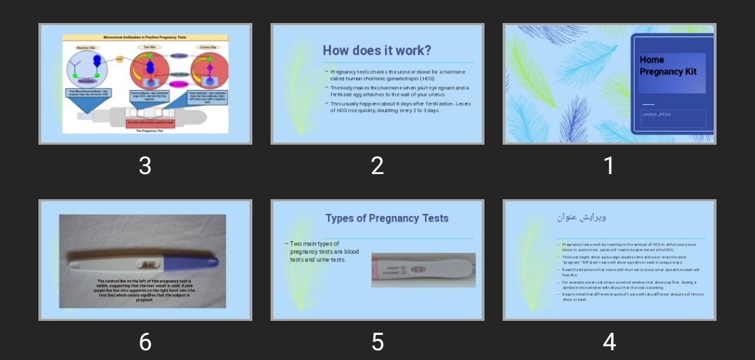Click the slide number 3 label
(145, 166)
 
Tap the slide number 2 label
(377, 166)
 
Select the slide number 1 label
(609, 166)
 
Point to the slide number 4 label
(609, 342)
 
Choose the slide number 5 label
(377, 342)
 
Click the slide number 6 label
(145, 342)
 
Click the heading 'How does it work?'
(377, 50)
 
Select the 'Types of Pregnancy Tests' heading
(387, 218)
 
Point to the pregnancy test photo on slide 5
(423, 270)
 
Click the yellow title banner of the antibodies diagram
(145, 37)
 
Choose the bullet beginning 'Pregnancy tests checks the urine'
(396, 75)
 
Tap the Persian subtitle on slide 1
(656, 113)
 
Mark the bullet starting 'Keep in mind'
(629, 297)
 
